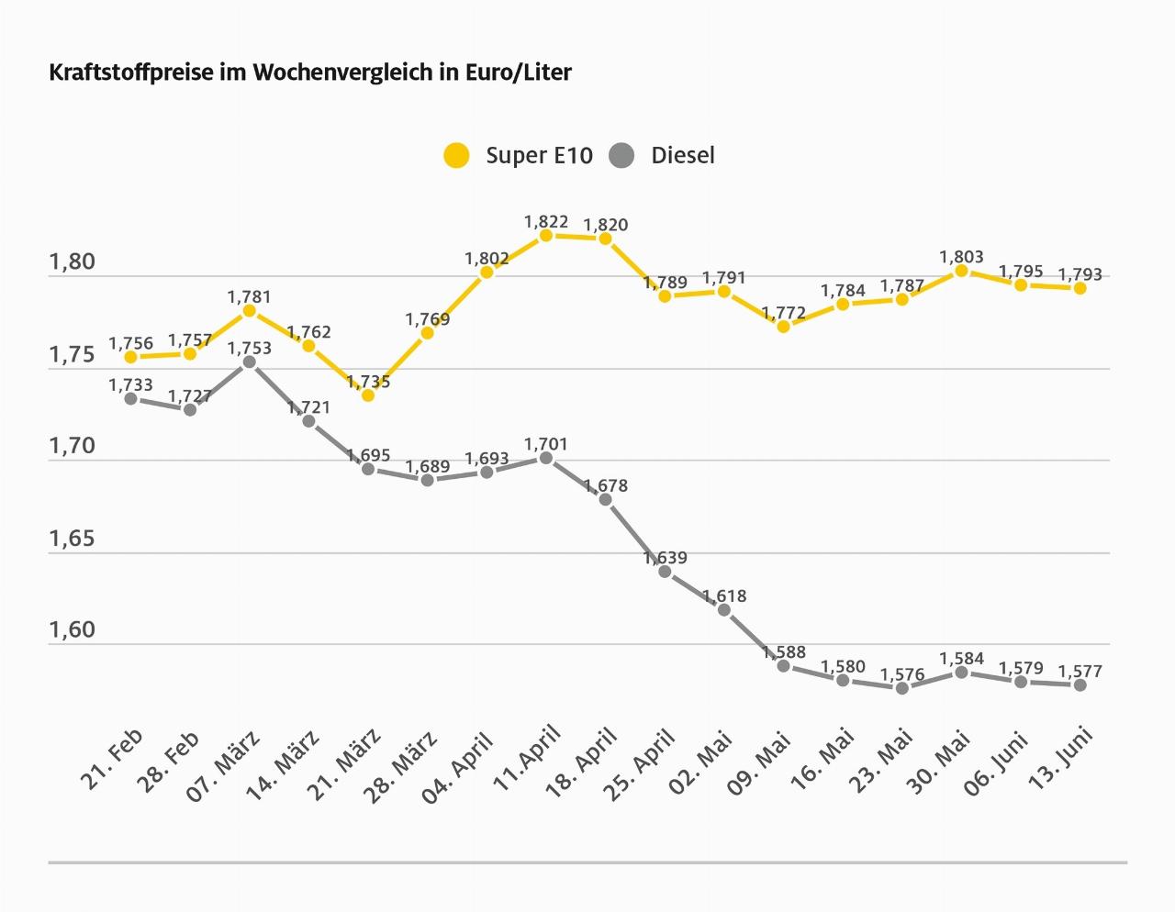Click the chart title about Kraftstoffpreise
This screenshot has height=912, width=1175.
click(x=309, y=72)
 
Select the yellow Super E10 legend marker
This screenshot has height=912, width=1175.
click(x=456, y=155)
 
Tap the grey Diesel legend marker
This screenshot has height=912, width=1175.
click(x=621, y=155)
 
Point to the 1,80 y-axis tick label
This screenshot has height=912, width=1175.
click(x=72, y=262)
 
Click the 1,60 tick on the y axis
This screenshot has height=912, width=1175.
click(x=72, y=630)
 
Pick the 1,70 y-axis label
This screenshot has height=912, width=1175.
click(x=72, y=447)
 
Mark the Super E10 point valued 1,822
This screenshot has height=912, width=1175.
click(x=546, y=236)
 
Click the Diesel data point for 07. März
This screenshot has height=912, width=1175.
click(x=249, y=362)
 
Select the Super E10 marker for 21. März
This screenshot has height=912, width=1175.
click(x=368, y=395)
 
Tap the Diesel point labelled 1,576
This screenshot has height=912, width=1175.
click(x=902, y=688)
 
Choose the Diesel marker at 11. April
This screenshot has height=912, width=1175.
click(x=546, y=458)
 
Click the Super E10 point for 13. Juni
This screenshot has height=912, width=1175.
click(x=1080, y=288)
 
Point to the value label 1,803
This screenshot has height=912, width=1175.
click(x=961, y=258)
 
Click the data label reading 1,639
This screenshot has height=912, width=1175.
click(x=665, y=558)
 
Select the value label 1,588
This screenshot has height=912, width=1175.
click(x=783, y=652)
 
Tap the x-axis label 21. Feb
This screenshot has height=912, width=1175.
click(x=112, y=760)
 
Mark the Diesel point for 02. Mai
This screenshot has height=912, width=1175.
click(x=724, y=610)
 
